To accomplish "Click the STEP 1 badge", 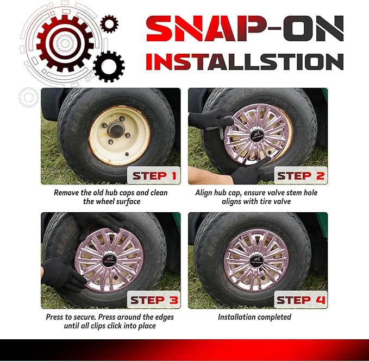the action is coord(154,175).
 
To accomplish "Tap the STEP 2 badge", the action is coord(301,175).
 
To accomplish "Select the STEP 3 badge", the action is coord(154,300).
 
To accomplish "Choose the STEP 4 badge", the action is coord(301,300).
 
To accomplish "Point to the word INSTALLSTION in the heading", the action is coord(245,61).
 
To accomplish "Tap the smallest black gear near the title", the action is coord(109,24).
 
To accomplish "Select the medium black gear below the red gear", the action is coord(109,67).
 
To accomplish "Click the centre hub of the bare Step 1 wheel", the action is coord(116,129).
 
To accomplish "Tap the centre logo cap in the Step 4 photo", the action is coord(257,261).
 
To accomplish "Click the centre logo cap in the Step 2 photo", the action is coord(257,135).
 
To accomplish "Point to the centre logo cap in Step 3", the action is coord(109,260).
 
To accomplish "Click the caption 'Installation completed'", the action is coord(254,317).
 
